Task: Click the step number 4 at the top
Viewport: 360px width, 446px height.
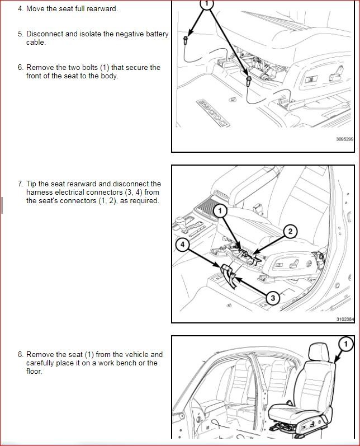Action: [21, 9]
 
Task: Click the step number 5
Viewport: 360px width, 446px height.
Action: [21, 34]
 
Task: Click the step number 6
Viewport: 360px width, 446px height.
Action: [21, 68]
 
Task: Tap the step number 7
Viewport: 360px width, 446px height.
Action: [21, 184]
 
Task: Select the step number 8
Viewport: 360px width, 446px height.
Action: [21, 354]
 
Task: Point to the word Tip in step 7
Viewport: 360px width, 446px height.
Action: [33, 184]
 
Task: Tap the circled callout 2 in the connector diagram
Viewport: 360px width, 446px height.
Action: [290, 231]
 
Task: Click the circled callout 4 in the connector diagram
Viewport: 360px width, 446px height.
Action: [182, 244]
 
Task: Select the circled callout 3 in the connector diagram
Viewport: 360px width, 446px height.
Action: [272, 298]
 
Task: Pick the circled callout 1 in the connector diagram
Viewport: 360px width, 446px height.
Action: [220, 210]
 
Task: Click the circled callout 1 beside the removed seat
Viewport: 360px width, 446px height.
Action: [346, 342]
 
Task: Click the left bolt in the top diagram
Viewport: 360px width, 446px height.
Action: [185, 39]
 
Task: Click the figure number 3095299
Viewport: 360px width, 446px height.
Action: [345, 139]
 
